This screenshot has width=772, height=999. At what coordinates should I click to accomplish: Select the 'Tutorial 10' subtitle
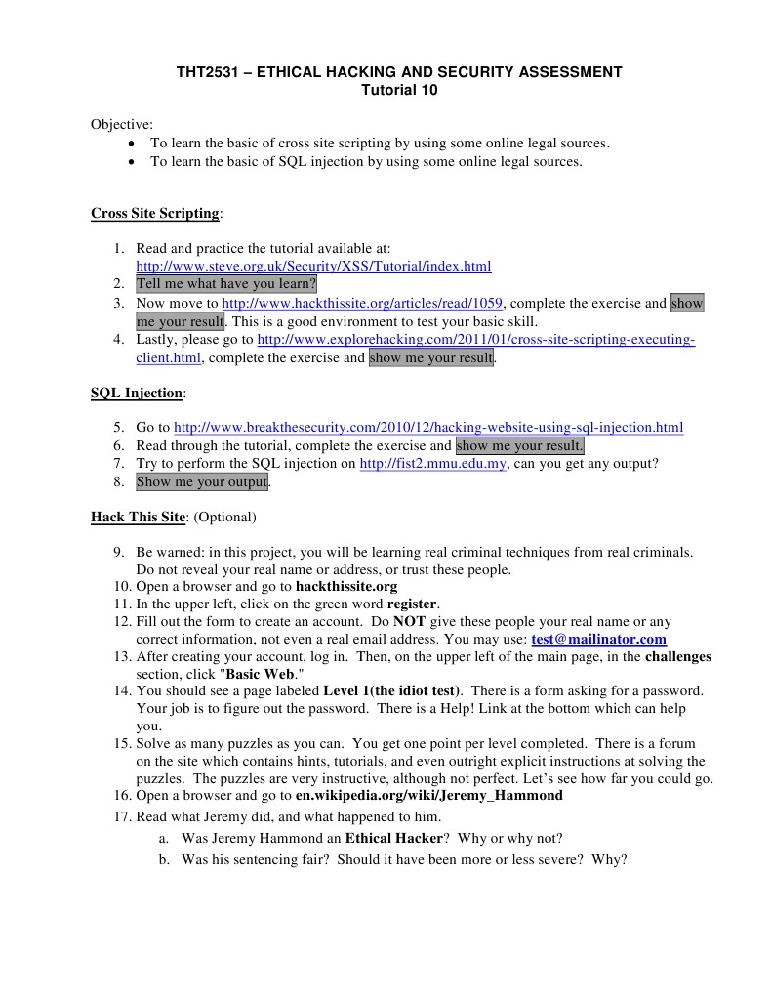point(399,91)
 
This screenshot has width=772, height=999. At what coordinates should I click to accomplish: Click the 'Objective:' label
point(122,124)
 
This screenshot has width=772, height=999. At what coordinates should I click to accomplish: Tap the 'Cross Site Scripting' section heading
point(155,213)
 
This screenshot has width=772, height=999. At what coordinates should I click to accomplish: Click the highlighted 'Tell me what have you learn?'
point(226,284)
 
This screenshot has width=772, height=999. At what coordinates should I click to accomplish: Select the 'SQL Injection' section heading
point(136,393)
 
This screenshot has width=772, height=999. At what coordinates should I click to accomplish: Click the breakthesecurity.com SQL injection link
point(427,427)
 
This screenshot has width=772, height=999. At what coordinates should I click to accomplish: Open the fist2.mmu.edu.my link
point(432,464)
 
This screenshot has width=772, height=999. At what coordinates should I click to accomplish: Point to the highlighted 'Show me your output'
point(201,482)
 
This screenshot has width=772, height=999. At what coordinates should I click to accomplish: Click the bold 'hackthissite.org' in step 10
point(346,586)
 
